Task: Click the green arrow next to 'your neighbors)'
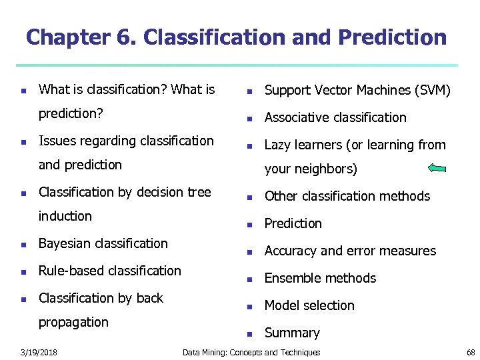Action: pyautogui.click(x=437, y=169)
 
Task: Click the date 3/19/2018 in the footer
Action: pyautogui.click(x=38, y=352)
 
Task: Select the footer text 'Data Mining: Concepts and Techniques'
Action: pyautogui.click(x=251, y=352)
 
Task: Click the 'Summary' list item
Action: pyautogui.click(x=292, y=333)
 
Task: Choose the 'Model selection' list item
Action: pyautogui.click(x=309, y=305)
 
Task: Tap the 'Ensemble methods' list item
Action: pyautogui.click(x=320, y=278)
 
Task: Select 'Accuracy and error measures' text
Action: pyautogui.click(x=350, y=251)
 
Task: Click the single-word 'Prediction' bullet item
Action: pyautogui.click(x=293, y=223)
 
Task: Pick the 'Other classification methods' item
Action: pyautogui.click(x=347, y=196)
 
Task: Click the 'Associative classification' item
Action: pyautogui.click(x=335, y=117)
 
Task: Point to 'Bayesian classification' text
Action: pyautogui.click(x=103, y=243)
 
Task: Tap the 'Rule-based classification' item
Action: pyautogui.click(x=110, y=271)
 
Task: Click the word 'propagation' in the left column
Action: pyautogui.click(x=73, y=322)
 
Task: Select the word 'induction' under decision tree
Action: pyautogui.click(x=65, y=216)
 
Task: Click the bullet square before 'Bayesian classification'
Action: pyautogui.click(x=23, y=245)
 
